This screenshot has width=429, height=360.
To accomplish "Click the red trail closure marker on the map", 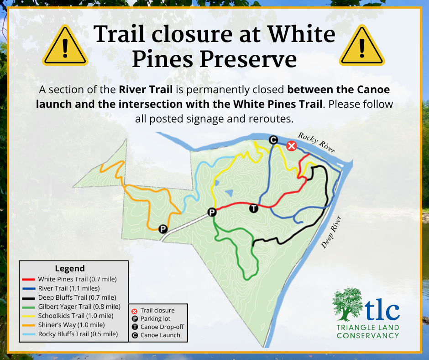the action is point(291,146).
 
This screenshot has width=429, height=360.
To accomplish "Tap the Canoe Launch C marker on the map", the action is point(273,140).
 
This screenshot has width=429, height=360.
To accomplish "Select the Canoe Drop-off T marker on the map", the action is point(254,208).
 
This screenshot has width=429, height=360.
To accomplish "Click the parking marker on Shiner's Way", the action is point(163,229).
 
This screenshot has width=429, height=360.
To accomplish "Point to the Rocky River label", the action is point(317,142).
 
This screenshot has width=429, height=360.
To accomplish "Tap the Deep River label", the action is point(331,232).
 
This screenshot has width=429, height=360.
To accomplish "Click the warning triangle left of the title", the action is point(65,45).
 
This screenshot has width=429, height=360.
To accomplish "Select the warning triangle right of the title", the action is point(362,45).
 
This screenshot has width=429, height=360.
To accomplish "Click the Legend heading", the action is point(70,268).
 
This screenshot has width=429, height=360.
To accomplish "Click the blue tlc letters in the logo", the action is point(382,309).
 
